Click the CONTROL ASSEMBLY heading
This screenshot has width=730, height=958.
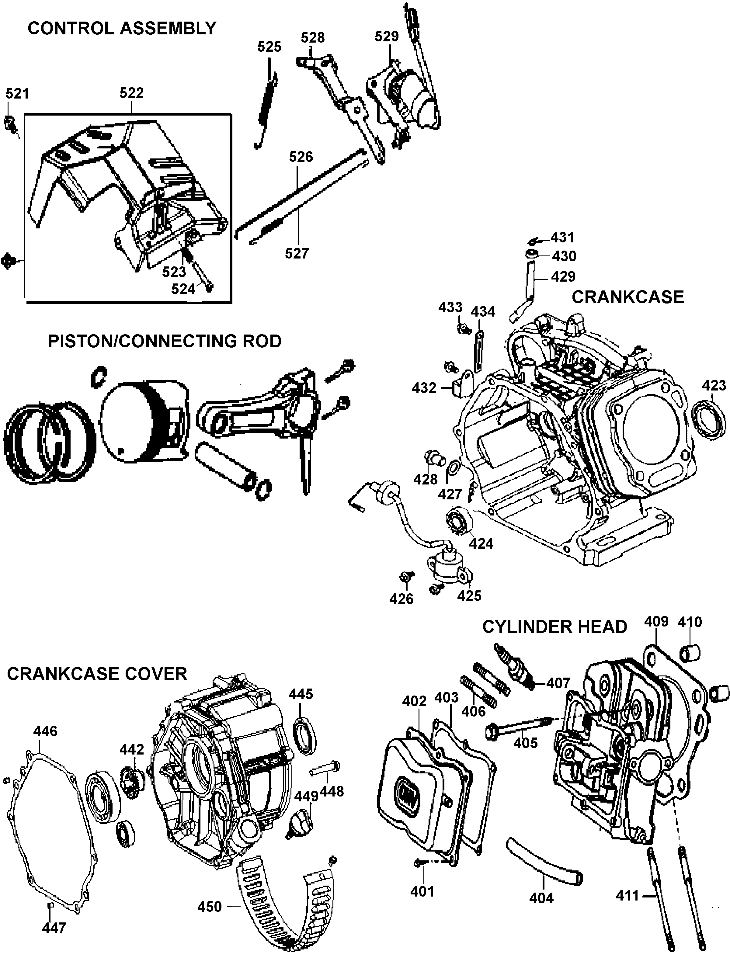[122, 29]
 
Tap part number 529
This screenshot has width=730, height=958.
[386, 36]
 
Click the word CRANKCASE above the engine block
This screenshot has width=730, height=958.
[627, 297]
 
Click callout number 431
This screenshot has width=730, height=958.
[563, 238]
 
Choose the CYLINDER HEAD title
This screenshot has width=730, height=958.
[554, 627]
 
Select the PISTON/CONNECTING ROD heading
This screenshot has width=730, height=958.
[165, 341]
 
